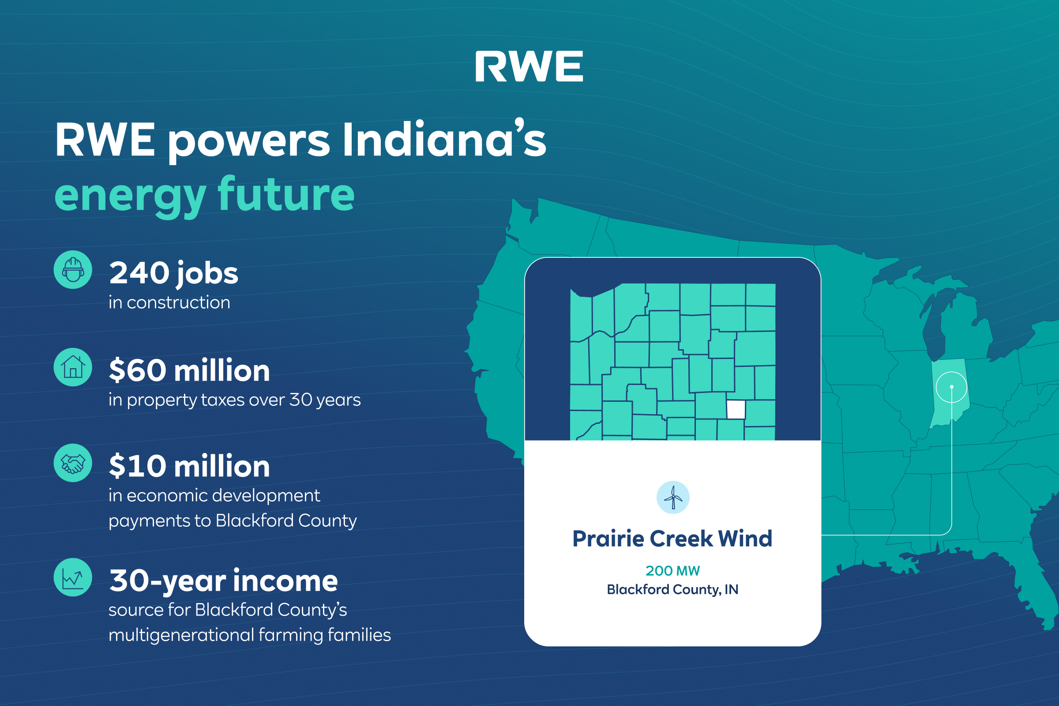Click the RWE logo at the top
529,66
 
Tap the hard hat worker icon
73,270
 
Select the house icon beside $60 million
73,367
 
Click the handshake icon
73,463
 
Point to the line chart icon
73,577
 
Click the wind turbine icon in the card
672,498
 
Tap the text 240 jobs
174,273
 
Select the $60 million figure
189,370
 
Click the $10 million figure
189,466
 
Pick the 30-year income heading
224,581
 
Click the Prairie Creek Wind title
672,539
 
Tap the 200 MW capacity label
672,571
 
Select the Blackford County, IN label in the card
672,589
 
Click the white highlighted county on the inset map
736,410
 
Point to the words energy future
204,195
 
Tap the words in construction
169,302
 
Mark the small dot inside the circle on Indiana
951,387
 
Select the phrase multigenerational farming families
250,635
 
